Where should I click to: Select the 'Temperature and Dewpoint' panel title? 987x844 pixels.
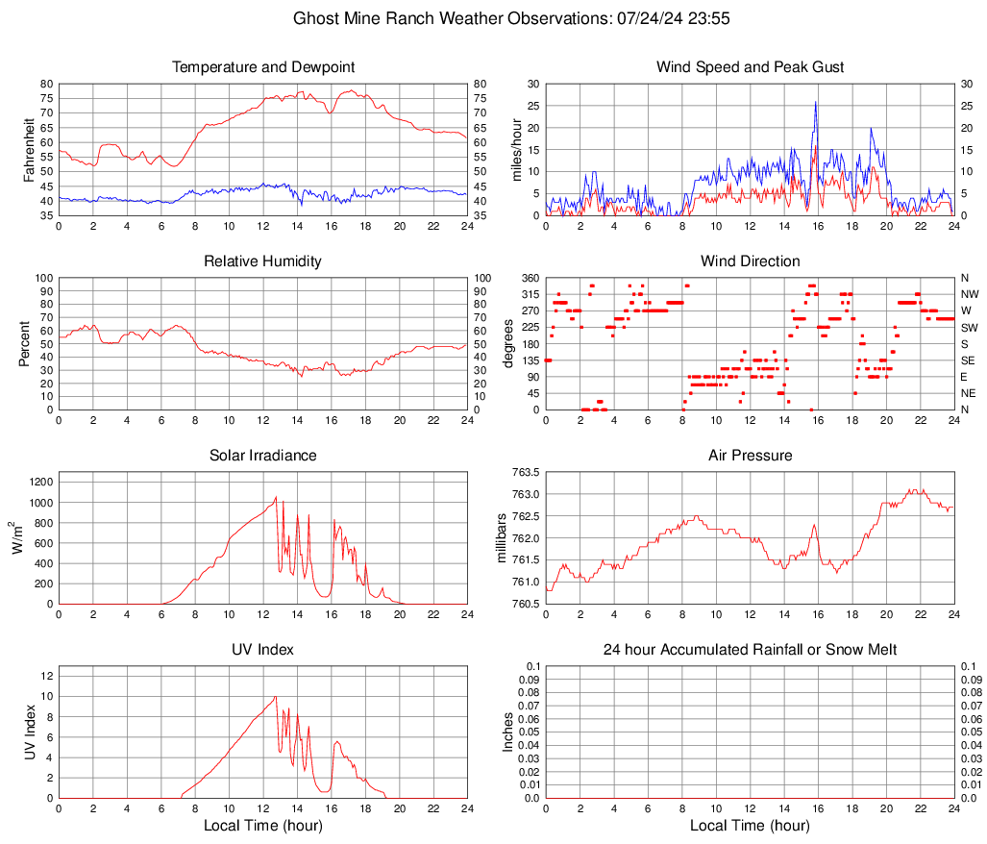(x=263, y=67)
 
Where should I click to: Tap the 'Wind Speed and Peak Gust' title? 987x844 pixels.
(x=750, y=67)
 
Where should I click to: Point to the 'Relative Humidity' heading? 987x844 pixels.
(x=263, y=261)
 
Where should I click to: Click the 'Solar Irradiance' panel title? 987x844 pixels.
(x=263, y=456)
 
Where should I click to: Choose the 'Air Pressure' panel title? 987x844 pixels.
(x=750, y=456)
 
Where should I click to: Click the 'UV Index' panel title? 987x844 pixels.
(x=263, y=650)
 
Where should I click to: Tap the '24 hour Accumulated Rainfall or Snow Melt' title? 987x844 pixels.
(x=750, y=650)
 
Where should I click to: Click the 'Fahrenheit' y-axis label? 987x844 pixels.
(x=30, y=150)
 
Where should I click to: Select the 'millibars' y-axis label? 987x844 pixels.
(x=501, y=538)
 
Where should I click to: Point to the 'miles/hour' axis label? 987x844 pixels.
(x=516, y=150)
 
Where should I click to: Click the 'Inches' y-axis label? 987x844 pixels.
(x=508, y=732)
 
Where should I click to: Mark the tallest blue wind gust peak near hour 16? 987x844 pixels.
(x=816, y=102)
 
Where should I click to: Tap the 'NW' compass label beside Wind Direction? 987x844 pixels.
(x=970, y=295)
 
